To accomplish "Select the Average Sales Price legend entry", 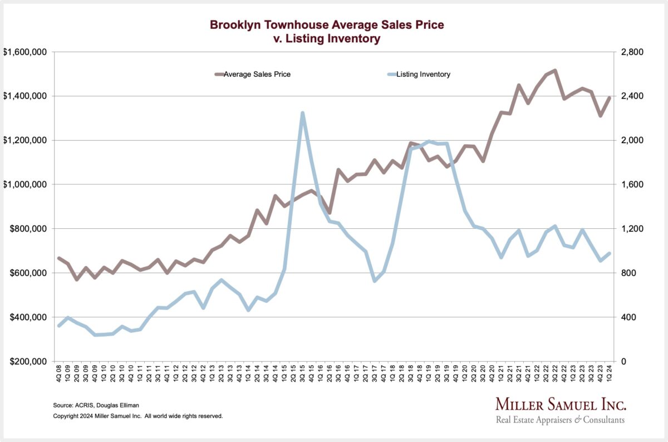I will (257, 74).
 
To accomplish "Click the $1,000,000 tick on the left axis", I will (26, 184).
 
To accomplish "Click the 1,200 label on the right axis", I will (632, 229).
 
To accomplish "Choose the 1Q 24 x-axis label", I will (609, 377).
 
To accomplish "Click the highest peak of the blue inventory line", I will (302, 113).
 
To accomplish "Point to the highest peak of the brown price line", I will (555, 71).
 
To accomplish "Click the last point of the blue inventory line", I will (609, 254).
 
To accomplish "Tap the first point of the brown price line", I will (59, 258).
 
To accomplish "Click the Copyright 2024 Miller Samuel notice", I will (137, 416).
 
